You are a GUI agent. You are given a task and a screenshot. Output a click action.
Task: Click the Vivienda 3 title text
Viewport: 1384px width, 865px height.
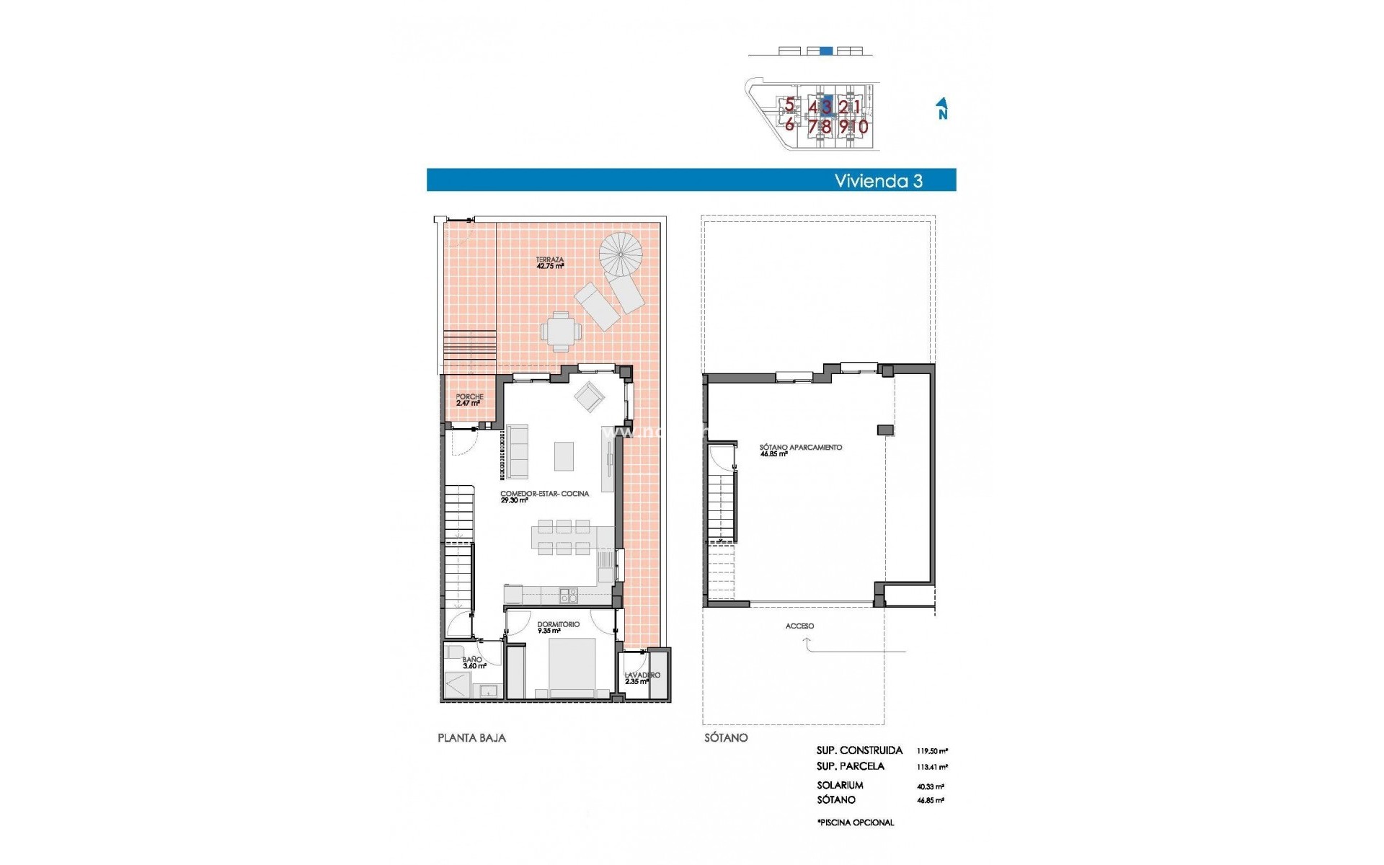coord(878,180)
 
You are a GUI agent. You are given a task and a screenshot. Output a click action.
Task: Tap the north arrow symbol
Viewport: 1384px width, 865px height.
coord(941,109)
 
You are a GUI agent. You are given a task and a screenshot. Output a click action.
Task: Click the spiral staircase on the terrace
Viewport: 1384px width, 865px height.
coord(621,253)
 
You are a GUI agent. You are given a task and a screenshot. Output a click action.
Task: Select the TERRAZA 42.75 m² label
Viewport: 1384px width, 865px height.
coord(549,262)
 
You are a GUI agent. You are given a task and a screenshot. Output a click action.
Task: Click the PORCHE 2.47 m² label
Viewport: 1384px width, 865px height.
coord(469,400)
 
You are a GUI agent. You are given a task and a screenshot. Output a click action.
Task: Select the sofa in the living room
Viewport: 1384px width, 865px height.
coord(517,451)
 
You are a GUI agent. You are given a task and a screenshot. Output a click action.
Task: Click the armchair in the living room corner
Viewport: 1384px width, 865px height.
coord(590,396)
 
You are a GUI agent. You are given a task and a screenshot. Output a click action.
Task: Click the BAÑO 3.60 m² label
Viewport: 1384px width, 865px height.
coord(474,662)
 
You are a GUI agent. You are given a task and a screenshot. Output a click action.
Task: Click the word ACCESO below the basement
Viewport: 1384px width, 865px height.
coord(799,626)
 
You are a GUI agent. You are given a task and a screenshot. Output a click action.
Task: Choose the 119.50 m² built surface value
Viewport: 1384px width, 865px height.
coord(932,750)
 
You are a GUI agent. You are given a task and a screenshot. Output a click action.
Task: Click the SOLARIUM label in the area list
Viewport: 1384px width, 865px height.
coord(840,785)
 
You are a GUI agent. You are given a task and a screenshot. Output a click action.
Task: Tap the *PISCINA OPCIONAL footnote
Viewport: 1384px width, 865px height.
coord(856,822)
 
